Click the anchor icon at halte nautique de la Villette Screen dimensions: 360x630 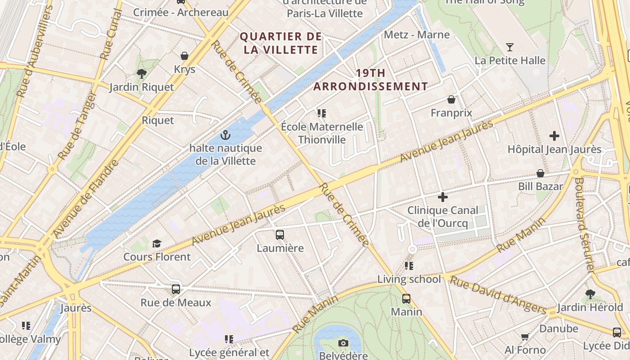pyautogui.click(x=225, y=135)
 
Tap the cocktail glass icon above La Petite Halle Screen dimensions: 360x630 pyautogui.click(x=509, y=47)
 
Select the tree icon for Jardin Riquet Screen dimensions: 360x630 pyautogui.click(x=142, y=74)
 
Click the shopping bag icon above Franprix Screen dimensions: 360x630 pyautogui.click(x=451, y=99)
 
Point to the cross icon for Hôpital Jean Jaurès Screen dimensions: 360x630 pyautogui.click(x=554, y=136)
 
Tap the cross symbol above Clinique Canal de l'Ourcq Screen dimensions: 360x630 pyautogui.click(x=443, y=197)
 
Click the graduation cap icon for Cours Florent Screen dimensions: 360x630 pyautogui.click(x=157, y=243)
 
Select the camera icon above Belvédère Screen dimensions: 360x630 pyautogui.click(x=343, y=343)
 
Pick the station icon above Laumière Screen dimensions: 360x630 pyautogui.click(x=280, y=234)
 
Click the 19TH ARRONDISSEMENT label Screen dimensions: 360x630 pyautogui.click(x=370, y=80)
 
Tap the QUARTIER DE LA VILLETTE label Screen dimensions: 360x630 pyautogui.click(x=281, y=43)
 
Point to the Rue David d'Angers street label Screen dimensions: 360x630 pyautogui.click(x=498, y=295)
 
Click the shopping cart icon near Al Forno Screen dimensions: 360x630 pyautogui.click(x=525, y=337)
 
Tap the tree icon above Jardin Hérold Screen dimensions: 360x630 pyautogui.click(x=590, y=294)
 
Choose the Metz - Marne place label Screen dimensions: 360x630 pyautogui.click(x=417, y=35)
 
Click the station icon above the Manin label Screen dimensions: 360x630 pyautogui.click(x=406, y=298)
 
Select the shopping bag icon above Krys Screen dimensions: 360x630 pyautogui.click(x=184, y=56)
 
